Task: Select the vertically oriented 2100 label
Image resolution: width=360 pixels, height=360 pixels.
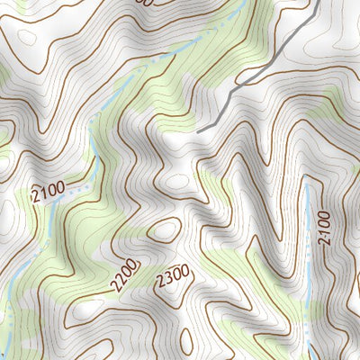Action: (x=324, y=229)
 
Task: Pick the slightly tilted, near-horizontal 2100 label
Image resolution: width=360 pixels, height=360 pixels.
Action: (x=48, y=192)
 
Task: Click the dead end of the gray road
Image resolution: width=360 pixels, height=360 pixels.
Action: (x=199, y=131)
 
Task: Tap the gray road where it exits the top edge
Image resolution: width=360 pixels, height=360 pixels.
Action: (x=320, y=2)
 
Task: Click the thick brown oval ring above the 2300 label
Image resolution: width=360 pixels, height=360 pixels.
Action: (x=165, y=230)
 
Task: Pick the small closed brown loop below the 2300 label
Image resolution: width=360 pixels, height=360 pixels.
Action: (x=186, y=340)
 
